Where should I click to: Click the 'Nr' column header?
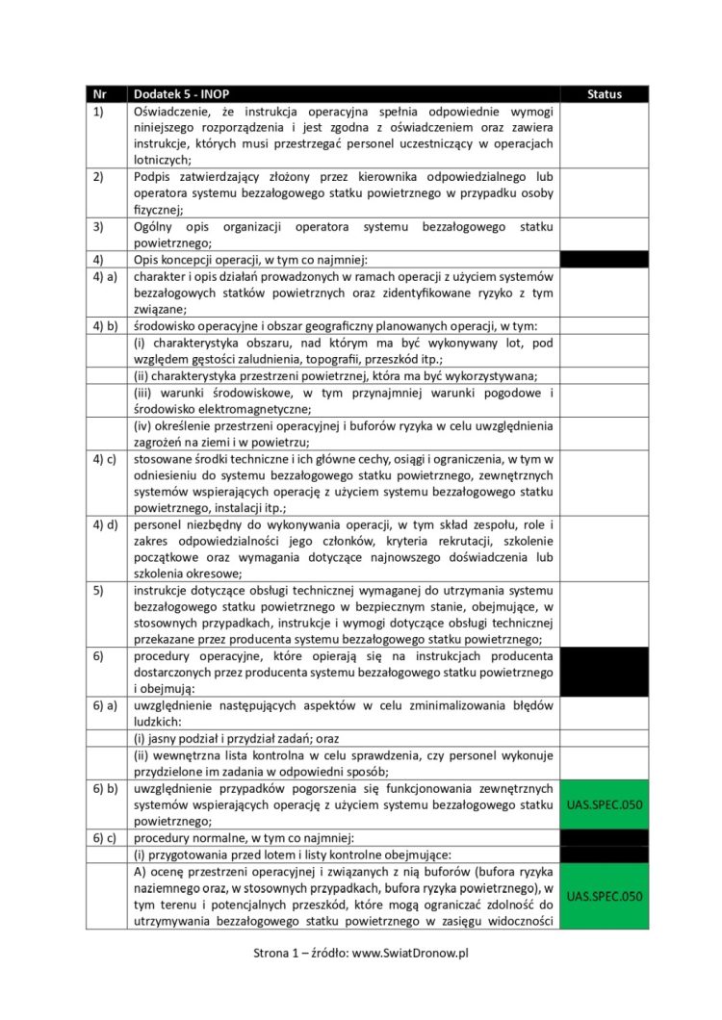98,94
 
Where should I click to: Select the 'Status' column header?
604,94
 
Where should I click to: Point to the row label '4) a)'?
106,277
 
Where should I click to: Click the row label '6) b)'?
106,789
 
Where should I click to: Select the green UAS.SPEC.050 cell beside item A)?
604,896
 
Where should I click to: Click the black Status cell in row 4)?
604,260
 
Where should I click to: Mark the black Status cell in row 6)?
604,672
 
